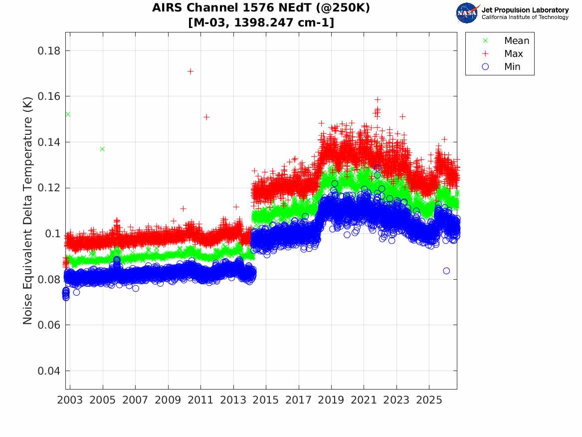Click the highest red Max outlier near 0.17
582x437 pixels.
(x=191, y=71)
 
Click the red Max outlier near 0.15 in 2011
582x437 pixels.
(x=207, y=117)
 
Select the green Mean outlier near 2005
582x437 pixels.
(x=102, y=149)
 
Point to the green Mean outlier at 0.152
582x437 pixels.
(x=68, y=114)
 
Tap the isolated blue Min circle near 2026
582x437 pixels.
(x=446, y=271)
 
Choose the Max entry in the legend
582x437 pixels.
(x=502, y=53)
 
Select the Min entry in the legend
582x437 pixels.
(x=501, y=66)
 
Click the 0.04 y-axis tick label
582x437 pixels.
(x=49, y=371)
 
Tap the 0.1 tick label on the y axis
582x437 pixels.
(x=52, y=234)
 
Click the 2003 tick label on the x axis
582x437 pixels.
(x=70, y=400)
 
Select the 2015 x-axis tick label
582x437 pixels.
(x=266, y=400)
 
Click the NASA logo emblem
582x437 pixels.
(x=467, y=13)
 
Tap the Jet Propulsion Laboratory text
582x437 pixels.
(x=525, y=10)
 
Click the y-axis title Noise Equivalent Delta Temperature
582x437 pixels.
(x=27, y=211)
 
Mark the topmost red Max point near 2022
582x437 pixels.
(x=378, y=99)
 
